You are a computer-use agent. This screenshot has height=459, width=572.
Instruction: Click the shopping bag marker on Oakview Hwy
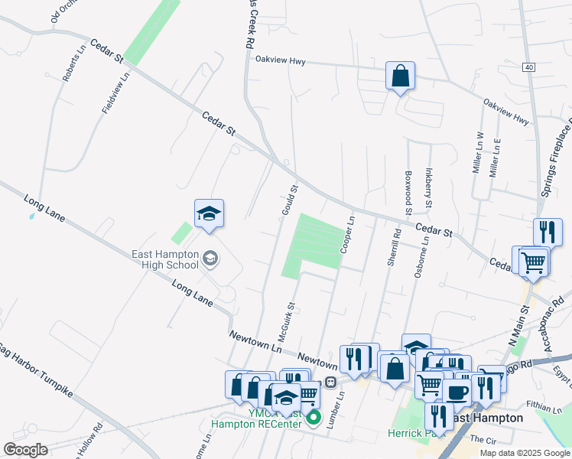pyautogui.click(x=400, y=76)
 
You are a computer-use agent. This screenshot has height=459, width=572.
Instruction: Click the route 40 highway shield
pyautogui.click(x=529, y=67)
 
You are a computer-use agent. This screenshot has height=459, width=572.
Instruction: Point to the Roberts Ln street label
pyautogui.click(x=75, y=66)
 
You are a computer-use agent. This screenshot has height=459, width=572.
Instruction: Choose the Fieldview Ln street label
pyautogui.click(x=116, y=92)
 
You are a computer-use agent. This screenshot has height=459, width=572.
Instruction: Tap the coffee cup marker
pyautogui.click(x=457, y=393)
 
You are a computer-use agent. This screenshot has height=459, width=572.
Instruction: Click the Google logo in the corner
pyautogui.click(x=25, y=450)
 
